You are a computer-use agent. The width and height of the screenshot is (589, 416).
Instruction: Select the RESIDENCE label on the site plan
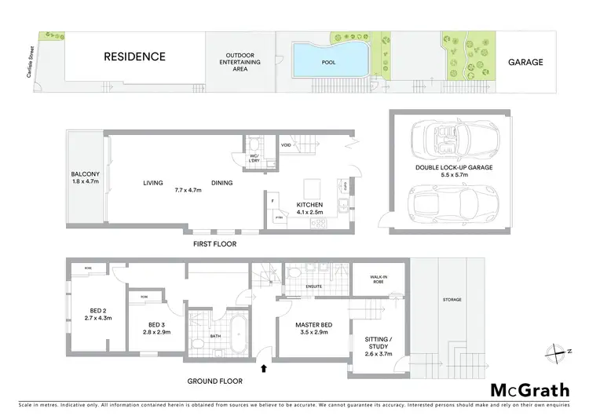pos(135,57)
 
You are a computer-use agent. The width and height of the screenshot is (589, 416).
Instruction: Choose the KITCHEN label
pos(309,205)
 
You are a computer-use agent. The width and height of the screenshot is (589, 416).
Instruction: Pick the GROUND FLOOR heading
pos(214,381)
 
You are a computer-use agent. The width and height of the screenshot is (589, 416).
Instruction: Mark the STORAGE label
pos(452,300)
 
